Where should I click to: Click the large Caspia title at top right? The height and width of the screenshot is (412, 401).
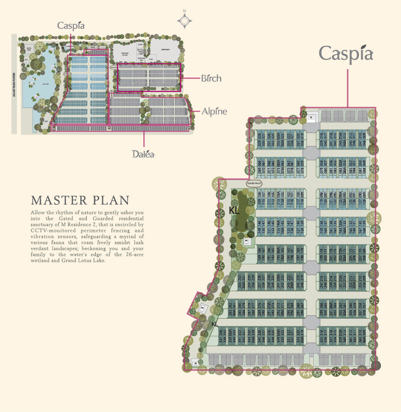[346, 54]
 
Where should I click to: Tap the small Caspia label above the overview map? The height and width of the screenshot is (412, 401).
[71, 26]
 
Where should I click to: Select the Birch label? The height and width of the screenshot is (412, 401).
[211, 78]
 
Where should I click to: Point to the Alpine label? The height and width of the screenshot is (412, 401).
[214, 111]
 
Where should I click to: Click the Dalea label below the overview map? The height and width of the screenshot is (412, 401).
[143, 154]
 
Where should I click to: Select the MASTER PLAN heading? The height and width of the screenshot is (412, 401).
[80, 200]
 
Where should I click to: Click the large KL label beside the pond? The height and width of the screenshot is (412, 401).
[234, 211]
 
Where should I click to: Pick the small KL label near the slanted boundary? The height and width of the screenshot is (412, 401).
[215, 324]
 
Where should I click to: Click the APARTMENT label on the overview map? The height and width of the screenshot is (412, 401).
[165, 49]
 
